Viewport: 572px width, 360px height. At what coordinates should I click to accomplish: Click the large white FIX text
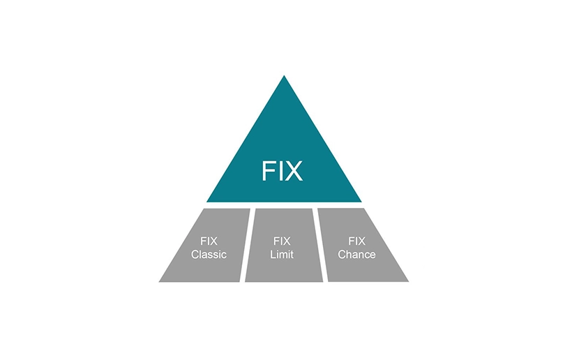[x=282, y=171]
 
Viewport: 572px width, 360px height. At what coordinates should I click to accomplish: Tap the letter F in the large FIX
[x=268, y=171]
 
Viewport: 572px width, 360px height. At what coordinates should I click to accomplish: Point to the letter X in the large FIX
[x=293, y=171]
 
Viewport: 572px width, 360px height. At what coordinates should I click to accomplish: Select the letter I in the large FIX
[x=280, y=171]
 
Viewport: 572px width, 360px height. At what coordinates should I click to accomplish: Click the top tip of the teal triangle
[x=284, y=75]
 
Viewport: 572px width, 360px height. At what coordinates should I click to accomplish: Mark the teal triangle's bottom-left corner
[x=206, y=202]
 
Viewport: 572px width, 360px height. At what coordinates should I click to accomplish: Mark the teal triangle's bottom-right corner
[x=361, y=202]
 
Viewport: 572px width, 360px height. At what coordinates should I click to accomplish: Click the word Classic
[x=209, y=254]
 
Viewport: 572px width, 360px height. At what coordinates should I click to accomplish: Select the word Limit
[x=282, y=254]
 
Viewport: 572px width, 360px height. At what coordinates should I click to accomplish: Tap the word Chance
[x=356, y=254]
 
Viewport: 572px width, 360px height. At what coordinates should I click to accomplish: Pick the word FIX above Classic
[x=209, y=241]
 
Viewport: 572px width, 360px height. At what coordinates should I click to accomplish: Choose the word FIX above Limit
[x=282, y=241]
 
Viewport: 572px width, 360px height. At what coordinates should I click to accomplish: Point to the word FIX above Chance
[x=356, y=241]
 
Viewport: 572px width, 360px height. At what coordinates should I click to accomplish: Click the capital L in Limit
[x=273, y=254]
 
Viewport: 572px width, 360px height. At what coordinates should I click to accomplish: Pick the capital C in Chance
[x=342, y=254]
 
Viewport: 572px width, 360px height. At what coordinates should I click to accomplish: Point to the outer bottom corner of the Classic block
[x=158, y=282]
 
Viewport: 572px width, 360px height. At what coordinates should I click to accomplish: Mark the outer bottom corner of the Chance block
[x=409, y=282]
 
